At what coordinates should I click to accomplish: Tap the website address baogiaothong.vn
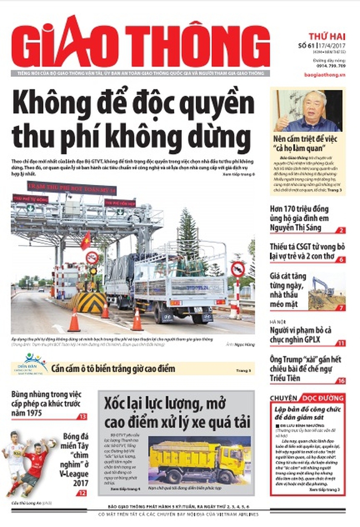tap(324, 75)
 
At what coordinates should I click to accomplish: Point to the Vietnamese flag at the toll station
tap(85, 240)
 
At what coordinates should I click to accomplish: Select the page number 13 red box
tap(83, 417)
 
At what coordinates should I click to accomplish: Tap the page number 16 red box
tap(341, 380)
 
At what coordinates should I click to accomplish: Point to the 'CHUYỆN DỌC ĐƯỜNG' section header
tap(307, 398)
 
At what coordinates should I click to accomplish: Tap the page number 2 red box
tap(341, 231)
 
